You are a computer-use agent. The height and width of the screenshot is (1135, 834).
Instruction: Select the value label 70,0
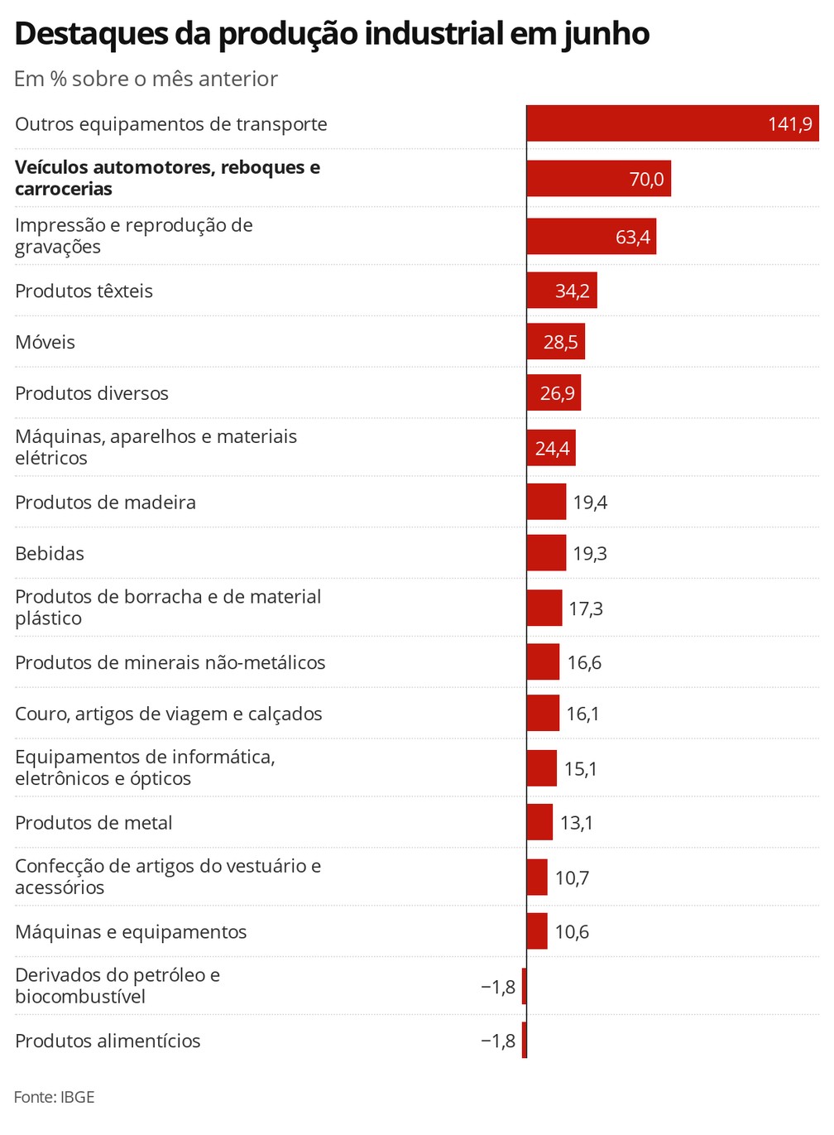(646, 179)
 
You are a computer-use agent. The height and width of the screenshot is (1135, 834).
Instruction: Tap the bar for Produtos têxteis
(561, 291)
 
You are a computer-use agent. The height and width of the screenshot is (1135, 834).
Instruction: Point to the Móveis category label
(46, 342)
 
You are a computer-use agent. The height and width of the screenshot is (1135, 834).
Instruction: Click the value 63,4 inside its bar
(633, 237)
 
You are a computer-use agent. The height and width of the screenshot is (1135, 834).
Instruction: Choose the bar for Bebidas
(546, 553)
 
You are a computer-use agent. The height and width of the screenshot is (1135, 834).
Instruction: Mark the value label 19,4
(590, 503)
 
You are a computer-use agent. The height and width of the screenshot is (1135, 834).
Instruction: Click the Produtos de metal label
(93, 823)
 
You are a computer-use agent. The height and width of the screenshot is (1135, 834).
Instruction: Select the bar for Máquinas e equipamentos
(537, 931)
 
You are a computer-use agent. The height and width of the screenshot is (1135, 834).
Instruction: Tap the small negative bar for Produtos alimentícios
(525, 1041)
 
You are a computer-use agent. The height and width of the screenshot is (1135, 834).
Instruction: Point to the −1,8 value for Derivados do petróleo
(498, 987)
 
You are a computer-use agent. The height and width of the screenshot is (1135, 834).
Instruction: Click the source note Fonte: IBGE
(55, 1097)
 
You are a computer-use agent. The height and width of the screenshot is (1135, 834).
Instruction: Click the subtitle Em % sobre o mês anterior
(146, 79)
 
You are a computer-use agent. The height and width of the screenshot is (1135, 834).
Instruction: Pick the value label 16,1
(582, 714)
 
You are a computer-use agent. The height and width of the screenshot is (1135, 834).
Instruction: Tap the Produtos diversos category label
(92, 393)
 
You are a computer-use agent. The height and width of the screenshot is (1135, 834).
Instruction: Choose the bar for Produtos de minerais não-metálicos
(543, 662)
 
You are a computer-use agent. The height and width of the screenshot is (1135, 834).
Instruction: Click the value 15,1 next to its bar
(580, 769)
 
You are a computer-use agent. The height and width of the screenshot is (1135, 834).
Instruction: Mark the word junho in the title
(606, 34)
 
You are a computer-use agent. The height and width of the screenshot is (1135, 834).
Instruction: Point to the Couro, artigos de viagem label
(169, 714)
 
